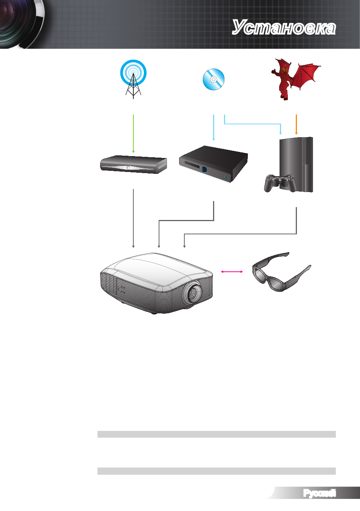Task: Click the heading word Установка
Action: [x=284, y=27]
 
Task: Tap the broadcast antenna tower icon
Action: [x=133, y=79]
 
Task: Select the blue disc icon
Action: [x=214, y=79]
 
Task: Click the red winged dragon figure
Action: [x=295, y=79]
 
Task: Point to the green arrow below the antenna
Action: [x=133, y=134]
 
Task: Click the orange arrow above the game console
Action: [x=296, y=125]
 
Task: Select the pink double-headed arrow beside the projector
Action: [x=232, y=271]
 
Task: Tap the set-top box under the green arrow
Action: [x=134, y=164]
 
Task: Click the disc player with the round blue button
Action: [x=213, y=164]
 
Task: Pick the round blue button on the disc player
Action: [x=204, y=169]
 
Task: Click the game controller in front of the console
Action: [x=280, y=183]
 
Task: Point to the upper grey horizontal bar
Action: [x=216, y=434]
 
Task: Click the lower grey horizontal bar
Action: [x=216, y=471]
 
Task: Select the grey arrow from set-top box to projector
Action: [x=133, y=218]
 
